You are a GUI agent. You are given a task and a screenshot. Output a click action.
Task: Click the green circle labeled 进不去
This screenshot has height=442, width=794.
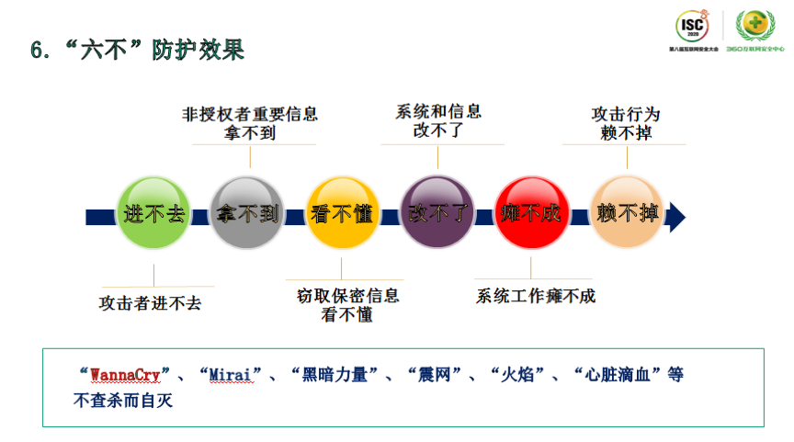tap(153, 214)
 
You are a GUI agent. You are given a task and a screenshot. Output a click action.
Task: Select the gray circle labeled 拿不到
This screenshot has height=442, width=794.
tap(248, 214)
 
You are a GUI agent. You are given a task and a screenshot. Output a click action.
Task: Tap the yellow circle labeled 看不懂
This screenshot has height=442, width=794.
tap(342, 214)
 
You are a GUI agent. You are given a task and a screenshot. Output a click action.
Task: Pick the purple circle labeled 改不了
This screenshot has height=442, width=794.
tap(437, 214)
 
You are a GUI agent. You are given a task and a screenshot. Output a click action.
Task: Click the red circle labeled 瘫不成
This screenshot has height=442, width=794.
tap(531, 214)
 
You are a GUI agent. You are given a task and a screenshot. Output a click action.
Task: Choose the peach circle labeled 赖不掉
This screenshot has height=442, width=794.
tap(627, 214)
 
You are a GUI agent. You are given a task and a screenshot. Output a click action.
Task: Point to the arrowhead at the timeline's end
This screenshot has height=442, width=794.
tap(676, 216)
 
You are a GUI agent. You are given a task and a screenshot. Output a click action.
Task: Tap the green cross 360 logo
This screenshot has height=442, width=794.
tap(755, 26)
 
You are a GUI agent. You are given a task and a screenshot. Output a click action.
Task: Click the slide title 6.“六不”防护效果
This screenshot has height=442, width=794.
tap(137, 51)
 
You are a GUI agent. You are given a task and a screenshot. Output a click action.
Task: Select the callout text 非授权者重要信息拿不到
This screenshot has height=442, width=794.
tap(250, 124)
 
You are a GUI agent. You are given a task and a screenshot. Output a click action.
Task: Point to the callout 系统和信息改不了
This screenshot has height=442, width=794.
tap(437, 120)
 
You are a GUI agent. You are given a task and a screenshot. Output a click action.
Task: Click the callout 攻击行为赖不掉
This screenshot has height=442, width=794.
tap(626, 124)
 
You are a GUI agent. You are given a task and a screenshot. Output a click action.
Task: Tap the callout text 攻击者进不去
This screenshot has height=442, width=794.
tap(150, 302)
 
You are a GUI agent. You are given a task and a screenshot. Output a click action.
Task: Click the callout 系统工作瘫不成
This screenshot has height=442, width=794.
tap(536, 296)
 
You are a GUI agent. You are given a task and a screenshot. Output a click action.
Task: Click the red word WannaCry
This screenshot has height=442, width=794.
tap(125, 375)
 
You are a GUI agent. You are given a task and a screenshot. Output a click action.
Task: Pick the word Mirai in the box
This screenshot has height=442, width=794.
tap(231, 375)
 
